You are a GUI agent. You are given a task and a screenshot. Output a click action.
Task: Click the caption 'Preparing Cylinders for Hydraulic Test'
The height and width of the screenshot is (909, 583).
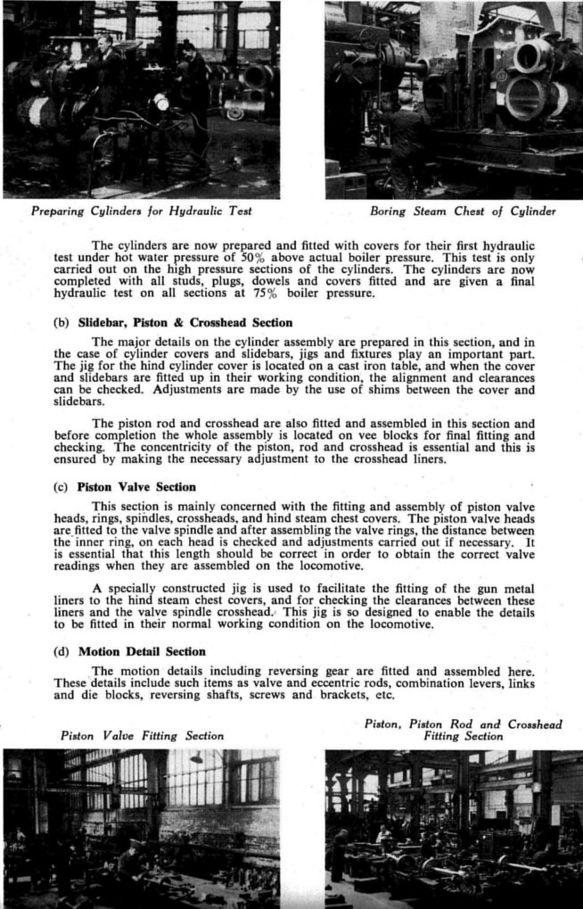(x=141, y=211)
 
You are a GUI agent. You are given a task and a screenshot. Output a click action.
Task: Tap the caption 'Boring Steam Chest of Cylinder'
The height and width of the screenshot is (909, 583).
(x=462, y=211)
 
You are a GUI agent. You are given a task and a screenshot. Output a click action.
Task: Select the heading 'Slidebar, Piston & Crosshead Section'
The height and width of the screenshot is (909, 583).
(x=185, y=322)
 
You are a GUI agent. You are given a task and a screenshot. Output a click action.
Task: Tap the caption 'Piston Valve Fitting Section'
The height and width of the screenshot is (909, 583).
(x=142, y=736)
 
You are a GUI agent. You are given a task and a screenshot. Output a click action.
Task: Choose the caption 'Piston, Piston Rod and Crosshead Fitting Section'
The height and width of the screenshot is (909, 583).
(x=463, y=731)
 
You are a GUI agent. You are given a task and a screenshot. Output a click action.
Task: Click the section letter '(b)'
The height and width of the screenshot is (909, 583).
(x=61, y=322)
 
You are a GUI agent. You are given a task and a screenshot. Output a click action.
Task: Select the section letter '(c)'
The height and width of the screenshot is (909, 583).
(x=61, y=487)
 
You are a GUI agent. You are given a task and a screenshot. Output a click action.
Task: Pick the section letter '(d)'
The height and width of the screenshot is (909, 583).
(x=61, y=651)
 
